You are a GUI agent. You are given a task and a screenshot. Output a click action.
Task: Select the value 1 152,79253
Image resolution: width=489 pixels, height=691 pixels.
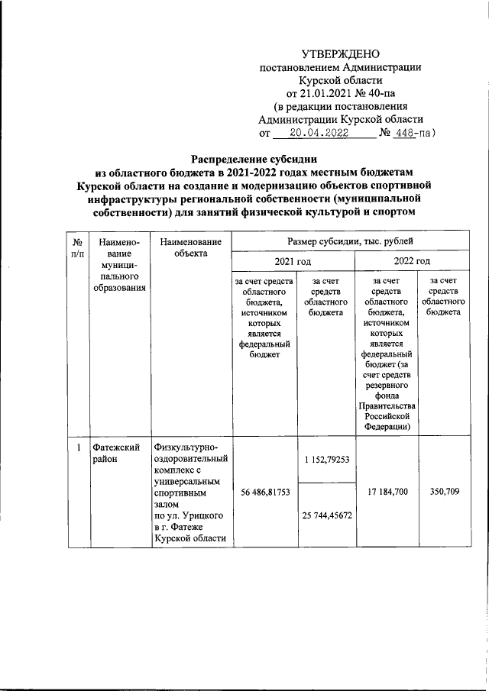[x=325, y=459]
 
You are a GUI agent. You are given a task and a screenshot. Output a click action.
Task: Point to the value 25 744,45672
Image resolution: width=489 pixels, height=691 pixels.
[x=325, y=515]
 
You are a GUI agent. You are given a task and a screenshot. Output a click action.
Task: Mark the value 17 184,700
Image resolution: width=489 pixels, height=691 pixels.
[x=387, y=493]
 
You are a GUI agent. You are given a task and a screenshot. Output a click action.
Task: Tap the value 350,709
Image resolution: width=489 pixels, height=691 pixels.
[x=444, y=493]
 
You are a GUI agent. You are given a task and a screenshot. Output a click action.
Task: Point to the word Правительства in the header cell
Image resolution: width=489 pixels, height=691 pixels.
[x=387, y=405]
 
